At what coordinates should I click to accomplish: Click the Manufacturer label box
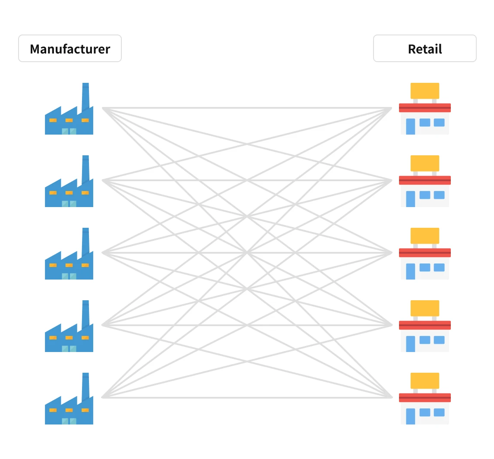coord(70,49)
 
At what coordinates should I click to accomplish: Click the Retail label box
coord(424,49)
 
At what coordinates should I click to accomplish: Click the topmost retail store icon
coord(424,110)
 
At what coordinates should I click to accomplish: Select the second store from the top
coord(424,182)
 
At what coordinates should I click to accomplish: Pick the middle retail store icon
coord(424,255)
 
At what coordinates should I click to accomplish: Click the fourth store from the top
coord(424,327)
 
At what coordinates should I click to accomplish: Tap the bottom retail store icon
coord(424,400)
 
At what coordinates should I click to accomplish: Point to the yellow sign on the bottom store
coord(424,380)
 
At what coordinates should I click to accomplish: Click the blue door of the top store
coord(410,126)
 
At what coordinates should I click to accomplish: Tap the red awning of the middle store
coord(424,252)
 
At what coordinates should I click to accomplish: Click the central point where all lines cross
coord(247,252)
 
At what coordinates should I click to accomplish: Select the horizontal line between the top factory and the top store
coord(247,108)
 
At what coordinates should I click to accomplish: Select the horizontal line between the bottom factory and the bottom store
coord(247,397)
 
